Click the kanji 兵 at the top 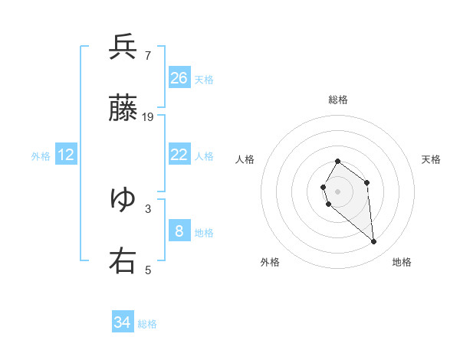click(123, 47)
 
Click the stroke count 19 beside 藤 click(148, 117)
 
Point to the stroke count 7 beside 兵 click(147, 55)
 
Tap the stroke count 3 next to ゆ click(148, 208)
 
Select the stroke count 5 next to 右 click(148, 269)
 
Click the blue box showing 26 click(179, 78)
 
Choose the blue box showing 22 click(179, 155)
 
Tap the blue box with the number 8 click(179, 231)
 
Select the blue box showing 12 click(66, 155)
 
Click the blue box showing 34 click(123, 322)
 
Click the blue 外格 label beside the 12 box click(41, 156)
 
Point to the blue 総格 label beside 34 click(147, 324)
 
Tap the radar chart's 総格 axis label click(337, 100)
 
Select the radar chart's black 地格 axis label click(402, 262)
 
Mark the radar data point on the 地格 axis click(374, 242)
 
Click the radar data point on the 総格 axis click(337, 162)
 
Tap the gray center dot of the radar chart click(337, 191)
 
